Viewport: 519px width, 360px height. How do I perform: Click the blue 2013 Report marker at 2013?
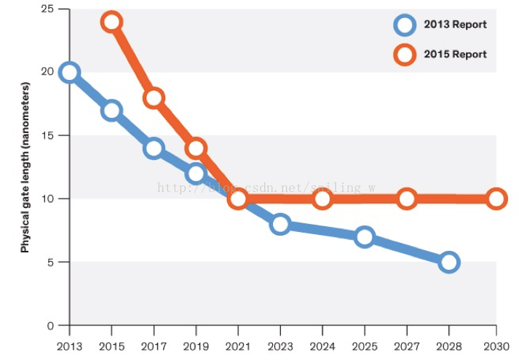(69, 72)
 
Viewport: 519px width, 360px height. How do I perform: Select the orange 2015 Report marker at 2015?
(111, 22)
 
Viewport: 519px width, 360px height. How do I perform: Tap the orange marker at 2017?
(154, 97)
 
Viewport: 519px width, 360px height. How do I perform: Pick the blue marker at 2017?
(154, 148)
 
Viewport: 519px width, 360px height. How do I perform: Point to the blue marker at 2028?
(449, 262)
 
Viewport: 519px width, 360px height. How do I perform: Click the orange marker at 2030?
(496, 199)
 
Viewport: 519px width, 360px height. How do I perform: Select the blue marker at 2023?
(280, 224)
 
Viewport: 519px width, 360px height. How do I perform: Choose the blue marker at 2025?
(365, 236)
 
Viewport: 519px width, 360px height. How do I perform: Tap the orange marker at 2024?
(322, 199)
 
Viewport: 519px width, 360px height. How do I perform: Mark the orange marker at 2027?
(407, 199)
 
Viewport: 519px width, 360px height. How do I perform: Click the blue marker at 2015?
(111, 111)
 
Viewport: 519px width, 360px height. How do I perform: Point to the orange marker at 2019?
(196, 148)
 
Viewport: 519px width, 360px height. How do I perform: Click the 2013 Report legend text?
(455, 25)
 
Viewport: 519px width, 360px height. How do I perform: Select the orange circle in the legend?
(405, 55)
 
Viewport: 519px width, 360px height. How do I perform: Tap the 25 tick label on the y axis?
(47, 9)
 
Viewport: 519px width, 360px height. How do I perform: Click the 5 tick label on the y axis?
(49, 262)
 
